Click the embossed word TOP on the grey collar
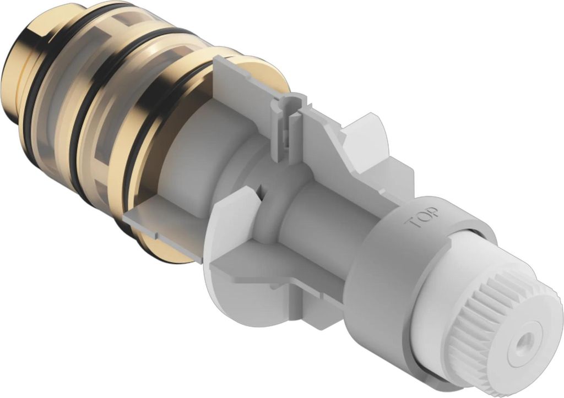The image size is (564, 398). click(424, 218)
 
